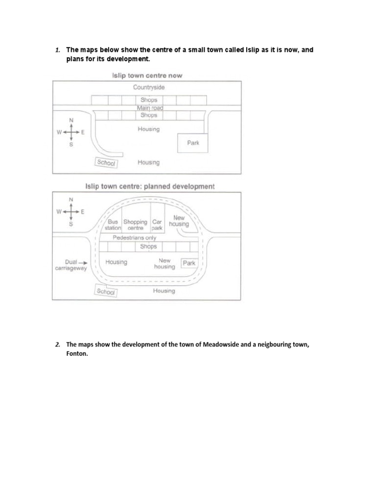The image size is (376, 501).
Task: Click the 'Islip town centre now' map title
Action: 147,75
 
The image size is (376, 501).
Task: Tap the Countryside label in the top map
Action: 149,87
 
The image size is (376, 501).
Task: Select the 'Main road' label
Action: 149,108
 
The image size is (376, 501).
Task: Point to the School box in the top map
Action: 106,163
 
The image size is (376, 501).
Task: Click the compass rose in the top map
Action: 71,132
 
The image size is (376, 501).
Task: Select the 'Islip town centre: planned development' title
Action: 150,186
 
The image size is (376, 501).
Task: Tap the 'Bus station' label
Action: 114,225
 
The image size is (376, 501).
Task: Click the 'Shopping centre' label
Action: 135,225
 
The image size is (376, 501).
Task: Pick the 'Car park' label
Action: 157,225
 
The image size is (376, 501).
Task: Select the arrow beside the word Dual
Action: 83,262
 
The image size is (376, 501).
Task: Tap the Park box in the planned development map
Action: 188,263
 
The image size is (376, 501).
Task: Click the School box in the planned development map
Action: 106,291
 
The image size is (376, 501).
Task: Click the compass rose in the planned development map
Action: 71,211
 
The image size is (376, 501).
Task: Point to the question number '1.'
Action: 57,50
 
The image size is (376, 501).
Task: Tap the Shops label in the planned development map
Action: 148,247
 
